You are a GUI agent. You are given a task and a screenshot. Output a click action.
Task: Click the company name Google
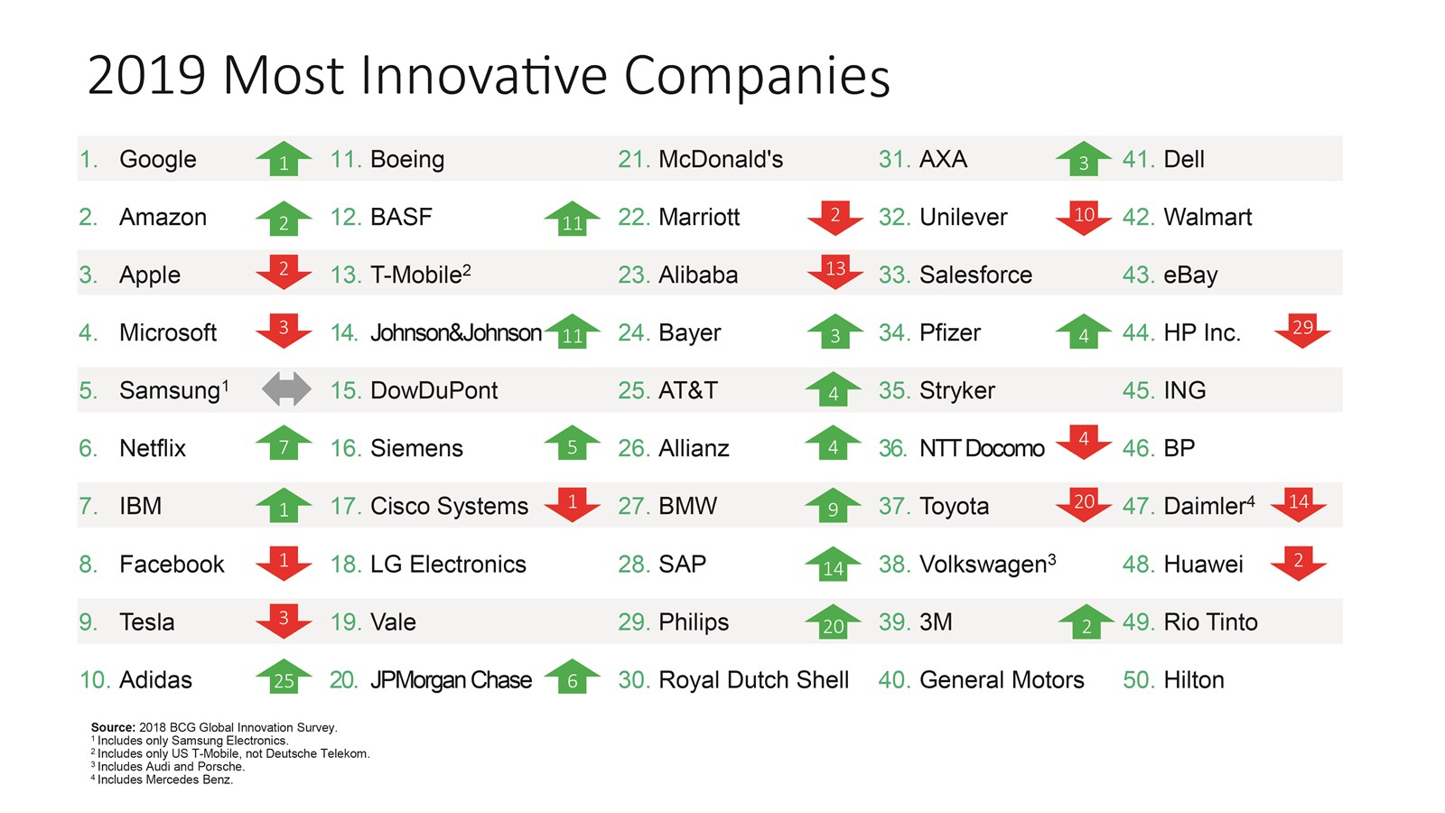click(157, 159)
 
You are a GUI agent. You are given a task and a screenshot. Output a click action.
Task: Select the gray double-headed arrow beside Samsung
click(286, 389)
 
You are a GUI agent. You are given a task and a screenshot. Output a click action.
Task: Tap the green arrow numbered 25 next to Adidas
click(284, 677)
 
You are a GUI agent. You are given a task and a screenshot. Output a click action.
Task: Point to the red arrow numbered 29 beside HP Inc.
click(1302, 331)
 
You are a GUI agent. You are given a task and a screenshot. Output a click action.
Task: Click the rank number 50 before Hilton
click(1139, 680)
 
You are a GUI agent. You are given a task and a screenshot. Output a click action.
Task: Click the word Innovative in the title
click(484, 76)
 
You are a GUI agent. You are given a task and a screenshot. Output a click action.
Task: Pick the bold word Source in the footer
click(113, 728)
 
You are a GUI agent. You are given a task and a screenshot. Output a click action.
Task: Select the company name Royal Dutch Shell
click(753, 680)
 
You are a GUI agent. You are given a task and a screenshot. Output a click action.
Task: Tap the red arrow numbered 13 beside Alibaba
click(835, 272)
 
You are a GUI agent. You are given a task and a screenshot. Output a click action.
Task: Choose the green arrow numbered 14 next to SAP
click(833, 564)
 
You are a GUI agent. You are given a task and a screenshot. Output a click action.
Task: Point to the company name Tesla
click(147, 622)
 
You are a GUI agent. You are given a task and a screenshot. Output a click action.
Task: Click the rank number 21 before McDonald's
click(633, 159)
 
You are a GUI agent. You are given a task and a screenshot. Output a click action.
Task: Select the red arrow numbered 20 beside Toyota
click(1084, 504)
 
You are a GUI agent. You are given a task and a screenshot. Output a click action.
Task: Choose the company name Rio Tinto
click(1211, 622)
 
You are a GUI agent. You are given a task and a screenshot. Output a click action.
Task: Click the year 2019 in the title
click(146, 76)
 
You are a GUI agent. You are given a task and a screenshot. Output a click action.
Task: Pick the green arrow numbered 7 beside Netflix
click(284, 444)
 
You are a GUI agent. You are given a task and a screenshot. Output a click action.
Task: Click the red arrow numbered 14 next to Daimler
click(1299, 504)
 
